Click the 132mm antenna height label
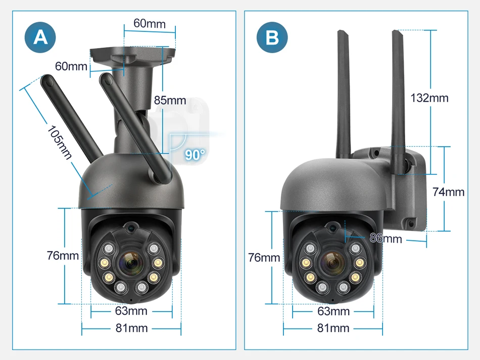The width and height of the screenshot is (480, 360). click(x=429, y=98)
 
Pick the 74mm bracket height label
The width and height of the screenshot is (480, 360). click(x=448, y=192)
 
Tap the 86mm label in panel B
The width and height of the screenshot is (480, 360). click(x=386, y=238)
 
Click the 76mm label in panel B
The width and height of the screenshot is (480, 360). click(x=264, y=257)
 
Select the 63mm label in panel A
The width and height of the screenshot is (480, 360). click(x=131, y=310)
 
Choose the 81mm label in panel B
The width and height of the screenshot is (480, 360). click(x=333, y=328)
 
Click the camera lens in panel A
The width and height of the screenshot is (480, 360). click(x=131, y=263)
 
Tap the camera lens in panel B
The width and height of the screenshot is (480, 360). click(x=332, y=263)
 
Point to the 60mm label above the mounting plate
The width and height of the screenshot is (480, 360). click(x=149, y=23)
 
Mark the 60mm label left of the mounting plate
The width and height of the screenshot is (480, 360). click(x=71, y=66)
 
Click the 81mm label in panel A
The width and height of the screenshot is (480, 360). click(x=131, y=328)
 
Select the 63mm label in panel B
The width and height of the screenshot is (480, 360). click(x=333, y=311)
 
